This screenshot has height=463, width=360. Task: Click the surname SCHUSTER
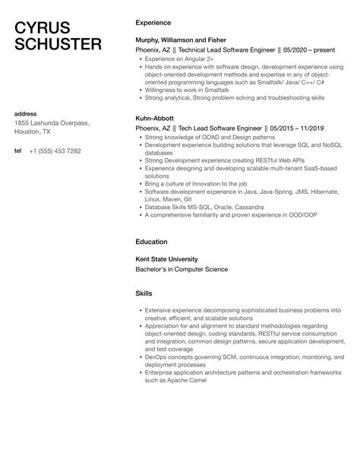pyautogui.click(x=58, y=44)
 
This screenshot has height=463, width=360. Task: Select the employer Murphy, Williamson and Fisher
pyautogui.click(x=180, y=37)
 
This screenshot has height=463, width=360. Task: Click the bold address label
pyautogui.click(x=27, y=113)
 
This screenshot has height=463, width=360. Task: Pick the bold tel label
pyautogui.click(x=19, y=151)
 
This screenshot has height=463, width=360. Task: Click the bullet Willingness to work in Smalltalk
pyautogui.click(x=187, y=89)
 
